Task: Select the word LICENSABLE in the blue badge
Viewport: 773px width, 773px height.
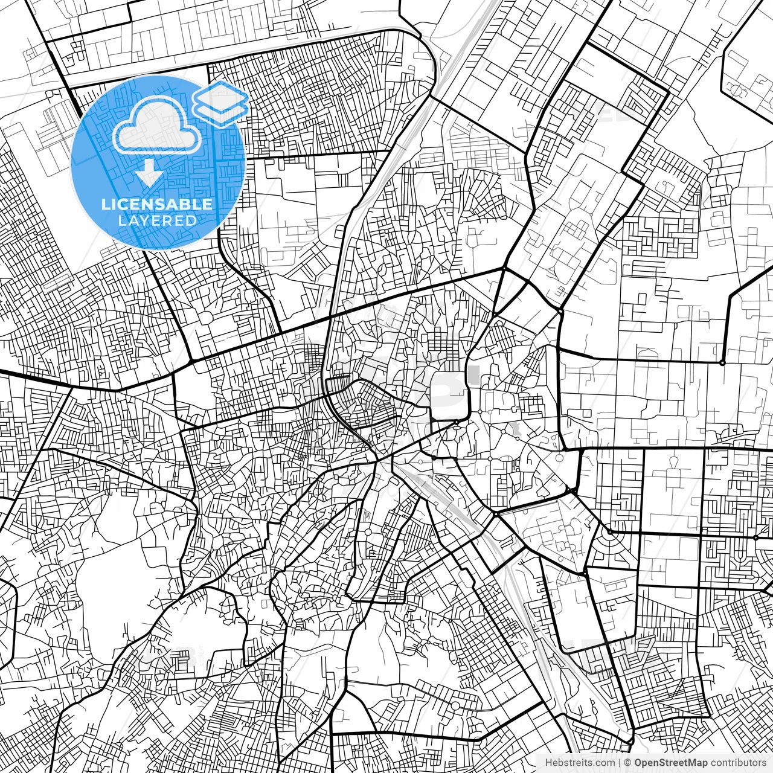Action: point(157,204)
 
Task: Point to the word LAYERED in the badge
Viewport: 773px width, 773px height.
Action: point(157,220)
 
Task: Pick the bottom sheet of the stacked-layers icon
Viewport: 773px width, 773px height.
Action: point(220,114)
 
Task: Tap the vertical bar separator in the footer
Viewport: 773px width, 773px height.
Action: point(620,763)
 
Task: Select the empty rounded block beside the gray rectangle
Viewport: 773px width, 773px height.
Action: point(448,396)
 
